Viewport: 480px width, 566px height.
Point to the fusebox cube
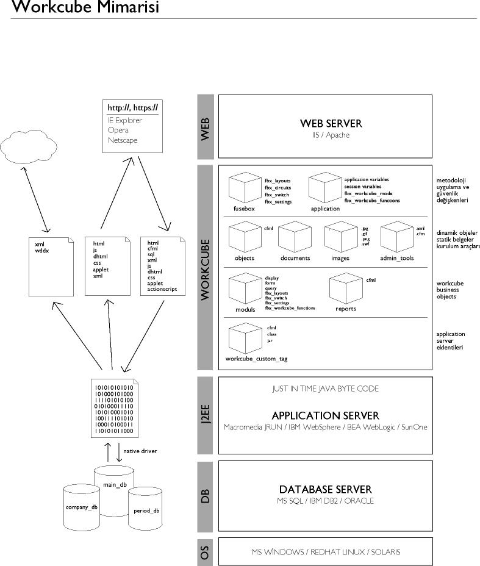point(244,187)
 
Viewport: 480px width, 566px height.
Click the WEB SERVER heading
point(331,123)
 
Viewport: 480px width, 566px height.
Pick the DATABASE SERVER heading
point(325,489)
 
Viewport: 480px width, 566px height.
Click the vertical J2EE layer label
point(206,415)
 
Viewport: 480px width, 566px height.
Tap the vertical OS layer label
point(206,551)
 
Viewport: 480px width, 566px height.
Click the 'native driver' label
point(140,451)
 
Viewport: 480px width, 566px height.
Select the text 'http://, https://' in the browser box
point(132,107)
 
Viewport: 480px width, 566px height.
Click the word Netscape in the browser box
point(123,140)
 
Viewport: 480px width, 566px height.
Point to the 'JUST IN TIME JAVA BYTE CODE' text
point(325,389)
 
